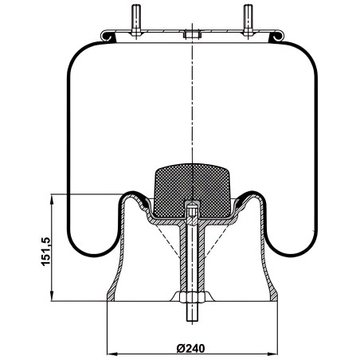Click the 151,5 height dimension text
pyautogui.click(x=45, y=252)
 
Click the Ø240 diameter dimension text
pyautogui.click(x=190, y=348)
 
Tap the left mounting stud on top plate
pyautogui.click(x=136, y=21)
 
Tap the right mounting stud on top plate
pyautogui.click(x=248, y=21)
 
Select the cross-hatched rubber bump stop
pyautogui.click(x=192, y=190)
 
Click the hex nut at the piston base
pyautogui.click(x=192, y=297)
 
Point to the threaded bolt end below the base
pyautogui.click(x=192, y=312)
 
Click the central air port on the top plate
pyautogui.click(x=192, y=35)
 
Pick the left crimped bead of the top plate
pyautogui.click(x=108, y=37)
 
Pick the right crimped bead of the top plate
pyautogui.click(x=276, y=37)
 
